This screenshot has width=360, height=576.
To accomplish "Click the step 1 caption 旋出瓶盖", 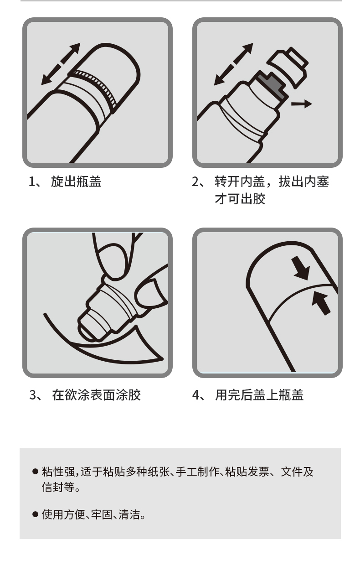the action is pyautogui.click(x=76, y=182).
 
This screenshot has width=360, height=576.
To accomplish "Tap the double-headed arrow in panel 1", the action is pyautogui.click(x=61, y=64).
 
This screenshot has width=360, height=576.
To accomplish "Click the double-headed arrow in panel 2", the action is pyautogui.click(x=234, y=64).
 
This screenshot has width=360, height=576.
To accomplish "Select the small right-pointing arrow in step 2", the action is pyautogui.click(x=302, y=104).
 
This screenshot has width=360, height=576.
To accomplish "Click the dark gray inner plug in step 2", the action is pyautogui.click(x=272, y=85).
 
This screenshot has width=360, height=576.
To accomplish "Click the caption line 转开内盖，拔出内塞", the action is pyautogui.click(x=272, y=182).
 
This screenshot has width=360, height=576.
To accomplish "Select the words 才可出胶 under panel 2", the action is pyautogui.click(x=240, y=199).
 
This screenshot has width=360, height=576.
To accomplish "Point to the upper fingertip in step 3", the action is pyautogui.click(x=113, y=261).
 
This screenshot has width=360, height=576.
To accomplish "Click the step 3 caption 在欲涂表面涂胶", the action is pyautogui.click(x=96, y=395).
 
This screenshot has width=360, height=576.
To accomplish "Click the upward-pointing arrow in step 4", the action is pyautogui.click(x=321, y=304).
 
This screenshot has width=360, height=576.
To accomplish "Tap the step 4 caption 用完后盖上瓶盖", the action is pyautogui.click(x=259, y=395).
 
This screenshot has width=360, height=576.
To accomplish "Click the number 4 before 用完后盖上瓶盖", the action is pyautogui.click(x=195, y=395).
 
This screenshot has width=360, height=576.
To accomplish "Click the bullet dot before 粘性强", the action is pyautogui.click(x=36, y=472).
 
